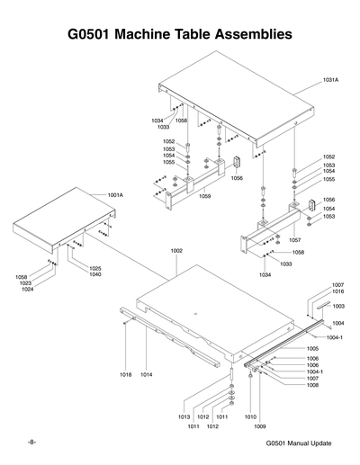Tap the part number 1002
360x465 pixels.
[x=176, y=250]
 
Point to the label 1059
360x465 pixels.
[x=205, y=196]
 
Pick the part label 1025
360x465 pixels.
[x=94, y=268]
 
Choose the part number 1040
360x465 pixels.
[x=94, y=274]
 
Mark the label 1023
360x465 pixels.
[x=27, y=283]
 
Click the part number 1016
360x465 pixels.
[x=337, y=291]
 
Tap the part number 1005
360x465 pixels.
[x=312, y=348]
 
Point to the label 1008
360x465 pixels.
[x=312, y=385]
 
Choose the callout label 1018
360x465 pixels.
[x=125, y=373]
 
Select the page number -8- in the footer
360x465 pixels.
[x=31, y=443]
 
